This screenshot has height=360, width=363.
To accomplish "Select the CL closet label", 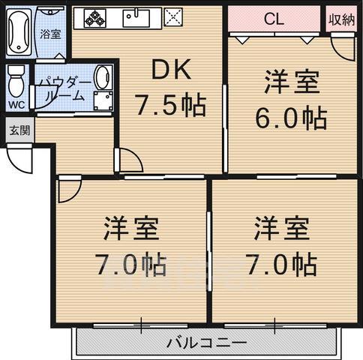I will [274, 20].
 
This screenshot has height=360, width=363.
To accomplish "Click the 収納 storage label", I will [342, 20].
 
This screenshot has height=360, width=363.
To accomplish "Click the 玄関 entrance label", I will [19, 130].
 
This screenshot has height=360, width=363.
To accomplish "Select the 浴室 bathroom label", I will [51, 34].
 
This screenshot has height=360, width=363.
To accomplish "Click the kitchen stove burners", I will [95, 18].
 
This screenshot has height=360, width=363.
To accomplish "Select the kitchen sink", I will [136, 18].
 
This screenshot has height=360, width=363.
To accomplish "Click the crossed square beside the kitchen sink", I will [172, 18].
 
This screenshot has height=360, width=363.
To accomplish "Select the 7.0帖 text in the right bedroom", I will [284, 264].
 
